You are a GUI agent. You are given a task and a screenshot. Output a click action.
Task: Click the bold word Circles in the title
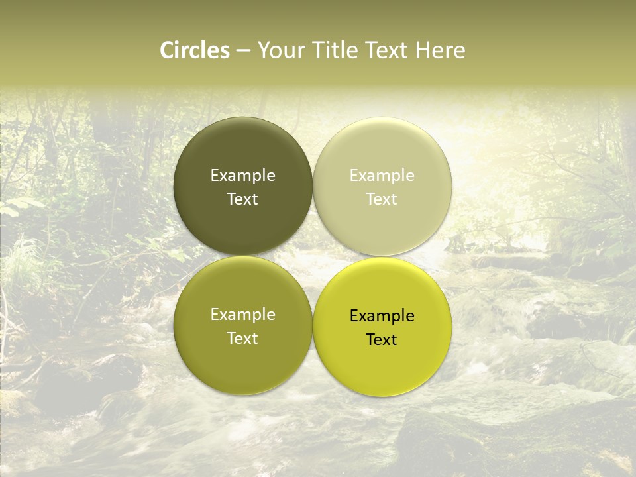(195, 50)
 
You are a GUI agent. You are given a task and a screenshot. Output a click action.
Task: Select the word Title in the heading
(333, 50)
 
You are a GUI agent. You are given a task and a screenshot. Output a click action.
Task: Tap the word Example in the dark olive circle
(242, 176)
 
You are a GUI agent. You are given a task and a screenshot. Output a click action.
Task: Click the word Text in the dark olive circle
(242, 199)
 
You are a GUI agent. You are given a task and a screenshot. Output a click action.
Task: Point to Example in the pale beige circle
(382, 176)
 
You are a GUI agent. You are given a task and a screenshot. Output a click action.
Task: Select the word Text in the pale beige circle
(382, 199)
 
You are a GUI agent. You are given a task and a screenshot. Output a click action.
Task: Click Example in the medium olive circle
(242, 315)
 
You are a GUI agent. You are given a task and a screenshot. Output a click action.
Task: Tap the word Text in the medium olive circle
(242, 339)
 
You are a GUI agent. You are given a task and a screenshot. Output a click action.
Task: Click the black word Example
(382, 316)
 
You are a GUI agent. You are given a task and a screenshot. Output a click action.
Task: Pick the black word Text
(382, 340)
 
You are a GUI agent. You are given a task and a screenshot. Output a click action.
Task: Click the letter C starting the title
(168, 50)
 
